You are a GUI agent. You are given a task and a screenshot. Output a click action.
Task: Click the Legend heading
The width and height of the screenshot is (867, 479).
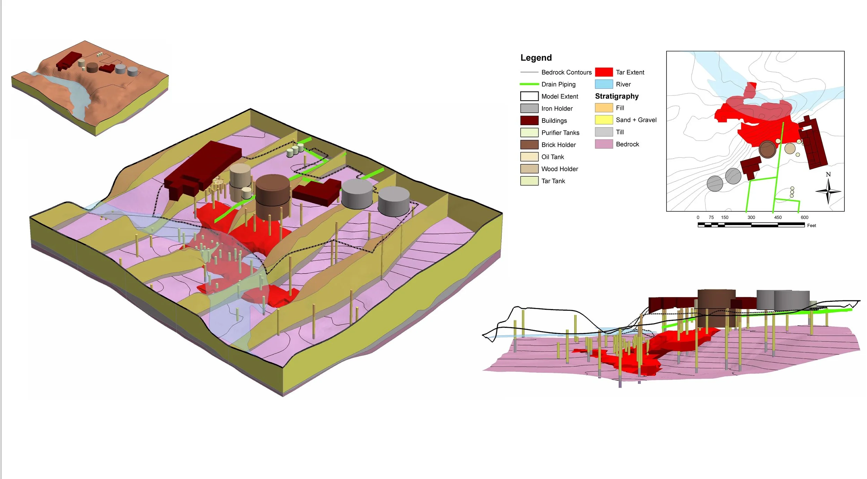(536, 58)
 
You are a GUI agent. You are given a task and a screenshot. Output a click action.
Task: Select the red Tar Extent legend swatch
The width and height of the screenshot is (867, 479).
(604, 72)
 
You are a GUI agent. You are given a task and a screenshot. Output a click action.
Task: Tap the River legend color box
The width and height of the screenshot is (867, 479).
(604, 84)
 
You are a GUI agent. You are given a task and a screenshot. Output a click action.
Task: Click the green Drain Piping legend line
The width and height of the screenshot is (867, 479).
(529, 84)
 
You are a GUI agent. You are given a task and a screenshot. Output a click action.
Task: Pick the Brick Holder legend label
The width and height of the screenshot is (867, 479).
(558, 145)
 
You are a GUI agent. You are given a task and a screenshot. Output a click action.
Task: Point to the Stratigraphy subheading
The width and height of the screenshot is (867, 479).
(617, 96)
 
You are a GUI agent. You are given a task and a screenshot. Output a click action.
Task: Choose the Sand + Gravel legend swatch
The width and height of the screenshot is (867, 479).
(604, 120)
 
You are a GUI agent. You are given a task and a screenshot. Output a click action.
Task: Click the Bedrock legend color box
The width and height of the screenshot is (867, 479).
(604, 144)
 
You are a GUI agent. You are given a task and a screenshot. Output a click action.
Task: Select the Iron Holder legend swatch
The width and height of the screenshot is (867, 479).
(529, 109)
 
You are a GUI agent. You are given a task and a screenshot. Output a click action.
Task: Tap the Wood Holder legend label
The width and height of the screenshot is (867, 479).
(559, 169)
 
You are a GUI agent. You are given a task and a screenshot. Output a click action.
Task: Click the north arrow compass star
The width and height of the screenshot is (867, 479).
(828, 191)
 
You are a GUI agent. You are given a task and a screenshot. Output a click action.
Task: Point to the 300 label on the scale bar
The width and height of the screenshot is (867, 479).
(751, 217)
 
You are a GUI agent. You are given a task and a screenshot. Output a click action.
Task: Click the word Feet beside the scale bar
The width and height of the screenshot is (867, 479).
(812, 225)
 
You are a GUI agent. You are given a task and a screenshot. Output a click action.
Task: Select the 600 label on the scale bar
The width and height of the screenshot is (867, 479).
(805, 217)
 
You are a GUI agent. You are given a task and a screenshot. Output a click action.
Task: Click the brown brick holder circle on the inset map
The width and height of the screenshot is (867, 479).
(767, 149)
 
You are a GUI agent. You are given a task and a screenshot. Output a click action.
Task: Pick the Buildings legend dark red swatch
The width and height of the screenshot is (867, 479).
(529, 120)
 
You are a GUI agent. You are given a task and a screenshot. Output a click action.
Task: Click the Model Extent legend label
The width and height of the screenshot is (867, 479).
(559, 96)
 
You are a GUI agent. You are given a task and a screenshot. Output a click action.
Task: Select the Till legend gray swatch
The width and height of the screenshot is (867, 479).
(604, 132)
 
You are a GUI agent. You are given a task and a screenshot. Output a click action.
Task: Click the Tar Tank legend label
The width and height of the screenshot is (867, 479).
(553, 181)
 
